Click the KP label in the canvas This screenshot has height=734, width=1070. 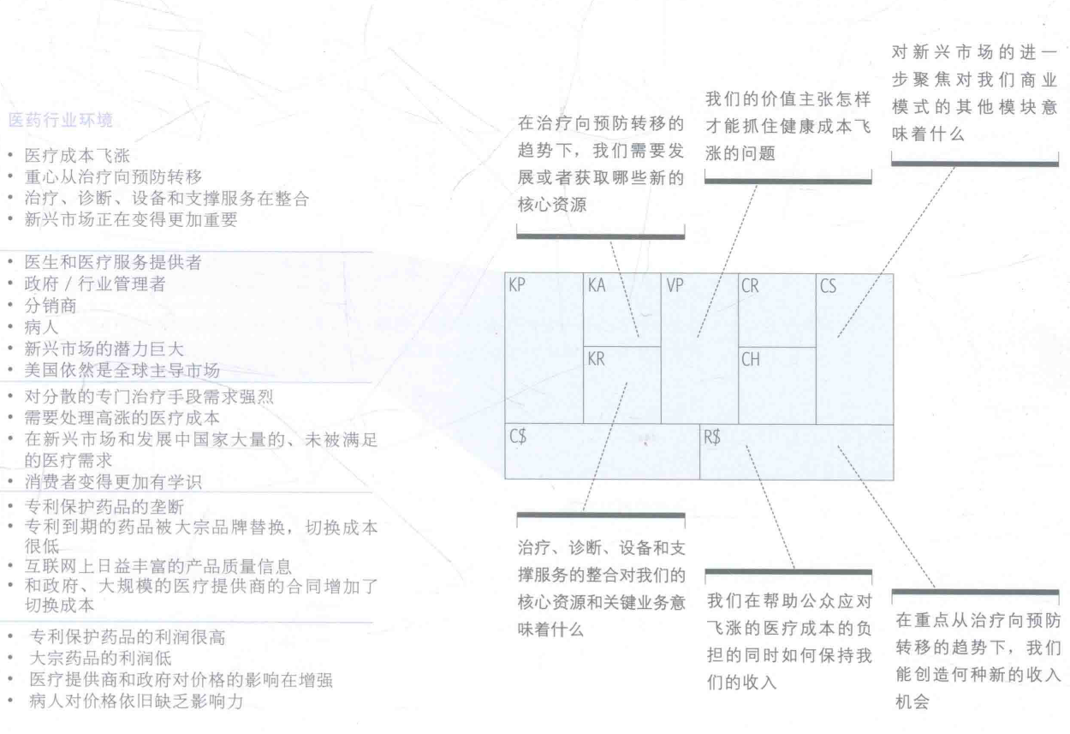516,286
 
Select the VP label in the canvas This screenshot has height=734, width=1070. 674,286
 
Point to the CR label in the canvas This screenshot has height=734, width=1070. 750,286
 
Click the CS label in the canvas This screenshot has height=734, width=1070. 828,286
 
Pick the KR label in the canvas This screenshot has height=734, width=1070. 596,360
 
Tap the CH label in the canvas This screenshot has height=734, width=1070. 750,360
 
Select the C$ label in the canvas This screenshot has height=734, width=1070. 517,437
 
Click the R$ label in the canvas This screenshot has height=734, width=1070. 712,437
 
